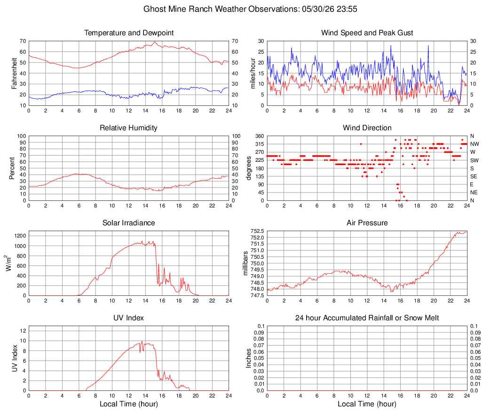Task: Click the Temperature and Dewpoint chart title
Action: (x=129, y=33)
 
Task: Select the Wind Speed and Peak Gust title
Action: (x=367, y=33)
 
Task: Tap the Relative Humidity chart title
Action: (x=128, y=128)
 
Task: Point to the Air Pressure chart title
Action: (x=367, y=222)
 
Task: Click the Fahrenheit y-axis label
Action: (x=14, y=73)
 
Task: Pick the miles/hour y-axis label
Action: (x=253, y=73)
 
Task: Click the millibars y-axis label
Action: (x=245, y=263)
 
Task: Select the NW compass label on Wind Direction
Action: (x=475, y=144)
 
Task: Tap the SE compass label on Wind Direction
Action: (x=474, y=176)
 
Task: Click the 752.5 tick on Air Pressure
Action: (x=257, y=231)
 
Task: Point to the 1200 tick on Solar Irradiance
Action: (x=20, y=236)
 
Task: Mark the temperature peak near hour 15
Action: (x=155, y=42)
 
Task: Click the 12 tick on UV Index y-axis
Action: (x=23, y=331)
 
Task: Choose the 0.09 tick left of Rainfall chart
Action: (x=259, y=333)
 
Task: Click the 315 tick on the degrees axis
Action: (x=260, y=144)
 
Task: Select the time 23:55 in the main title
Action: (x=347, y=9)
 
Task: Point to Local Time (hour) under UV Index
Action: (x=129, y=404)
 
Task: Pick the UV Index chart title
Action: (x=128, y=318)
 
